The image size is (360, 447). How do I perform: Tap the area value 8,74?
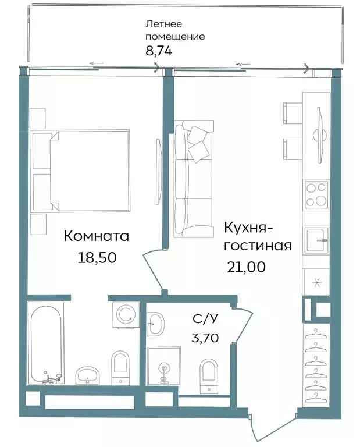pyautogui.click(x=159, y=51)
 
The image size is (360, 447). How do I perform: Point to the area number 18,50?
pyautogui.click(x=97, y=257)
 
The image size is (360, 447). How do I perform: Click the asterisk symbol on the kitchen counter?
pyautogui.click(x=317, y=283)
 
